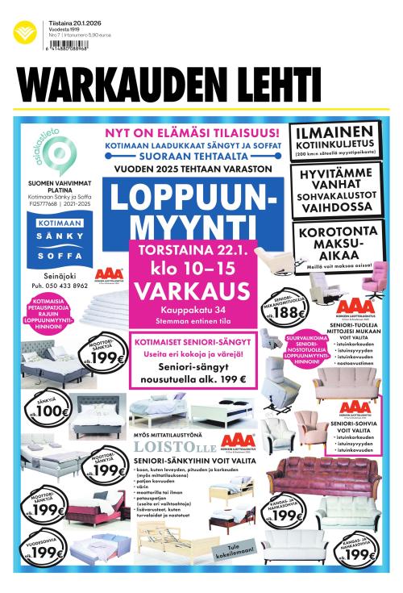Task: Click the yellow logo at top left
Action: pos(23,33)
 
